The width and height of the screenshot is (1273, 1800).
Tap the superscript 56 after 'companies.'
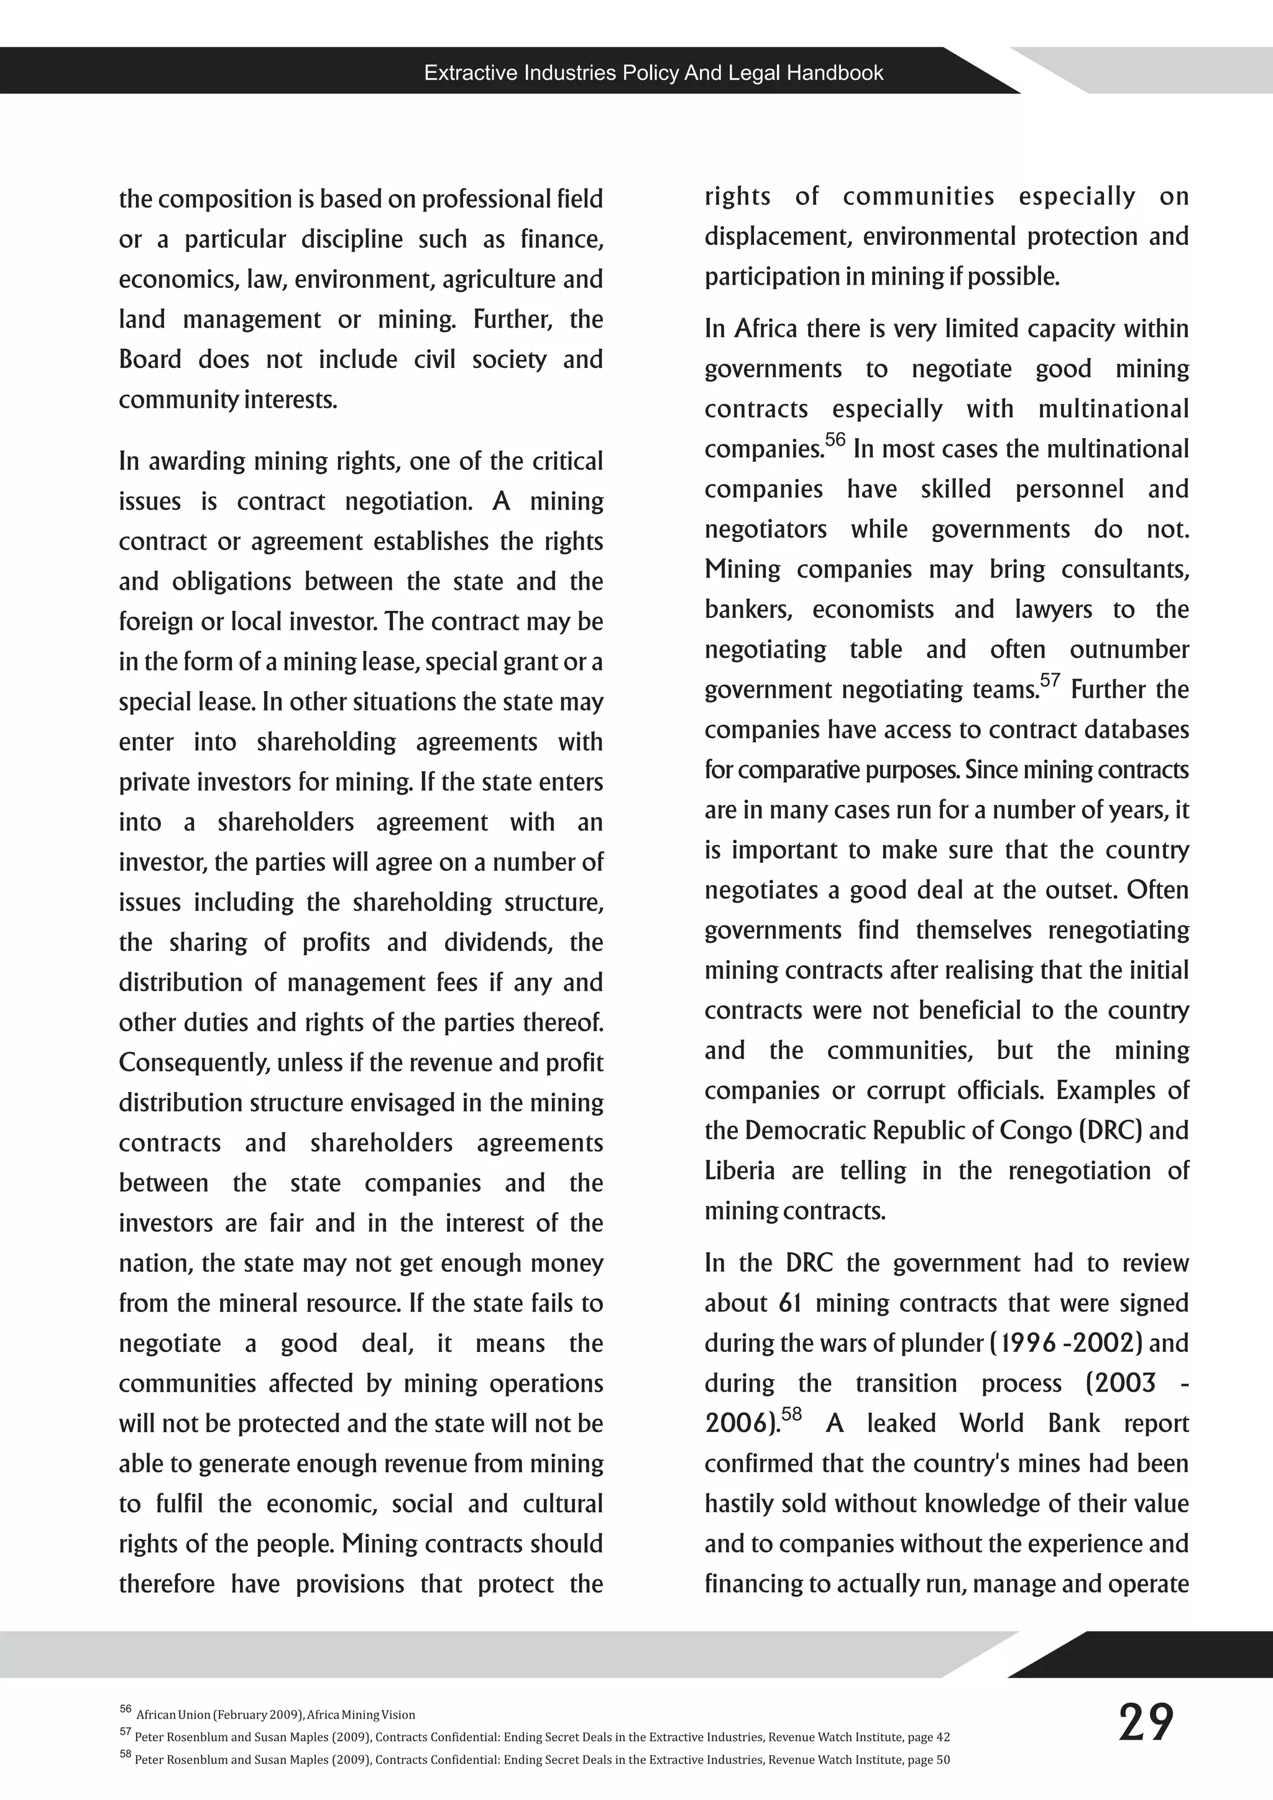pyautogui.click(x=835, y=440)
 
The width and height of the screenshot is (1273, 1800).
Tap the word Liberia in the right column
pyautogui.click(x=739, y=1170)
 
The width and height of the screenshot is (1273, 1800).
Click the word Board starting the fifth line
pyautogui.click(x=150, y=360)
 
